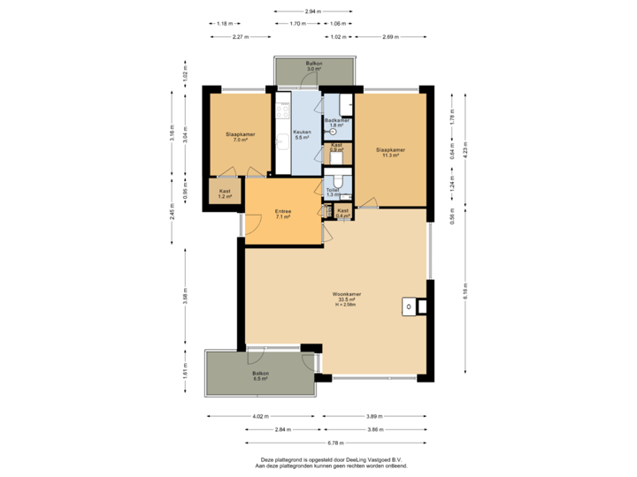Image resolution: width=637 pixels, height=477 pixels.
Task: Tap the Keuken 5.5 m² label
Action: (301, 135)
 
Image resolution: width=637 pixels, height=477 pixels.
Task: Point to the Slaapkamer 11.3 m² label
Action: (389, 153)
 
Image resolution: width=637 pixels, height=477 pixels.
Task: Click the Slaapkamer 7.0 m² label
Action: (240, 137)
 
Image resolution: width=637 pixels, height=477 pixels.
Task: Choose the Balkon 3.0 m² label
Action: (314, 67)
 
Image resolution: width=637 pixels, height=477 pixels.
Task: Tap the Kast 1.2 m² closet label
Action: (224, 193)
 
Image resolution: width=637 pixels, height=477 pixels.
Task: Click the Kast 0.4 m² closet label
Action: (342, 212)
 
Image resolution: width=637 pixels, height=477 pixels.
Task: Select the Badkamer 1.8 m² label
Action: (337, 123)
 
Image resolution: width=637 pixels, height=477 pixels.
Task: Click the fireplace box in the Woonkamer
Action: (410, 307)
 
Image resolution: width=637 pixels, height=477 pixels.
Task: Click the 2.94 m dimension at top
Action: (311, 11)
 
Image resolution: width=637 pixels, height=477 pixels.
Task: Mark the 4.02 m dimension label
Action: (260, 416)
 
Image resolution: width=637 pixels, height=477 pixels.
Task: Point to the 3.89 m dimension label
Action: (374, 416)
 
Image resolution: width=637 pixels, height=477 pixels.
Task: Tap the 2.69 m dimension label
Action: (389, 37)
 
